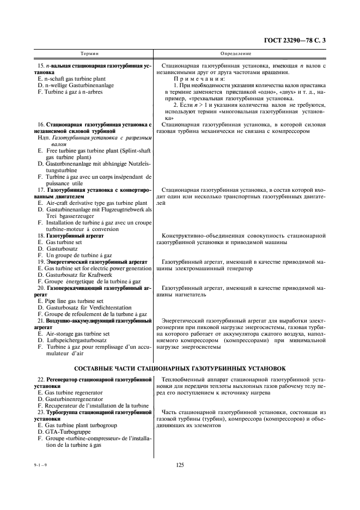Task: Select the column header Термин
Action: click(90, 54)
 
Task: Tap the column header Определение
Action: click(235, 54)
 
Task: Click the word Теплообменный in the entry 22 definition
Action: click(185, 379)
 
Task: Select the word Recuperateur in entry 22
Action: click(63, 405)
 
